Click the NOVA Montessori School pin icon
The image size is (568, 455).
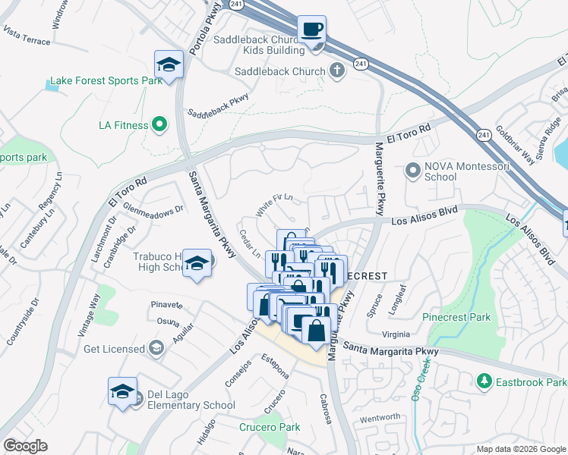(412, 171)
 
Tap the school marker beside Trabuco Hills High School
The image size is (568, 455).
(197, 264)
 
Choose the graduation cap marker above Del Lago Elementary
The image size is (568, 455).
(122, 391)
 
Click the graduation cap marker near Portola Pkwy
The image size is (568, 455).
(169, 64)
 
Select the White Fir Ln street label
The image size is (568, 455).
(274, 206)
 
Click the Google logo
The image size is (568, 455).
(26, 446)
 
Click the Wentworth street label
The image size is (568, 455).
(380, 417)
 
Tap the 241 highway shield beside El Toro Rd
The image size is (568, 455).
(484, 134)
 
